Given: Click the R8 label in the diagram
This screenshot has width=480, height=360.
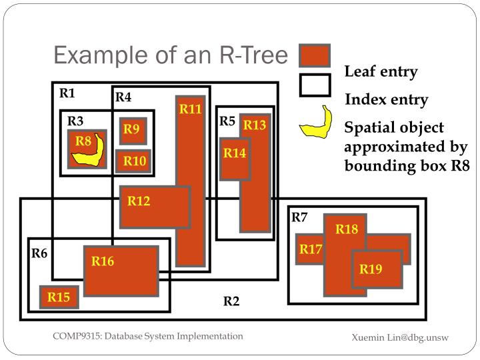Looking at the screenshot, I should coord(83,141).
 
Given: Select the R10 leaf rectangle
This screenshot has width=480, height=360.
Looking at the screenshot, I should coord(134,161).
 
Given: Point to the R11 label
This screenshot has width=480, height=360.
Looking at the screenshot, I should coord(190,109).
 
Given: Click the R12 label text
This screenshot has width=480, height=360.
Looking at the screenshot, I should coord(139,201).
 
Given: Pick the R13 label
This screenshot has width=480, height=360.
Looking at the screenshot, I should coord(254,125).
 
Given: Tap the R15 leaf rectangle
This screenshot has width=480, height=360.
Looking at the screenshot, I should coord(59,297).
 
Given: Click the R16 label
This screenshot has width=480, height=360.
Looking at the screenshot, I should coord(103,261).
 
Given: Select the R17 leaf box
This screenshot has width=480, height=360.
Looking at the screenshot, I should coord(310,249).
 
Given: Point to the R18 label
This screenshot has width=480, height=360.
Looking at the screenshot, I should coord(347,229).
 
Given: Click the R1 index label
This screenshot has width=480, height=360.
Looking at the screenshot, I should coord(67,93).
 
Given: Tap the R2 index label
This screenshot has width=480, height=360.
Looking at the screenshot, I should coord(231,301).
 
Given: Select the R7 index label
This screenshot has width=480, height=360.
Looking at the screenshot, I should coord(299,217).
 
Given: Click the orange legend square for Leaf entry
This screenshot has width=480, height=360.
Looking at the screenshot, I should coord(315,55).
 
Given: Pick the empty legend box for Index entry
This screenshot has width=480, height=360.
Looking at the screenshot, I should coord(315,85).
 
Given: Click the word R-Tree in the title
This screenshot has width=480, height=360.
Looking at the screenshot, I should coord(247,55).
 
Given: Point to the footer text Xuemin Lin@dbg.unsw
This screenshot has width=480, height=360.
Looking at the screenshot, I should coord(400,338).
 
